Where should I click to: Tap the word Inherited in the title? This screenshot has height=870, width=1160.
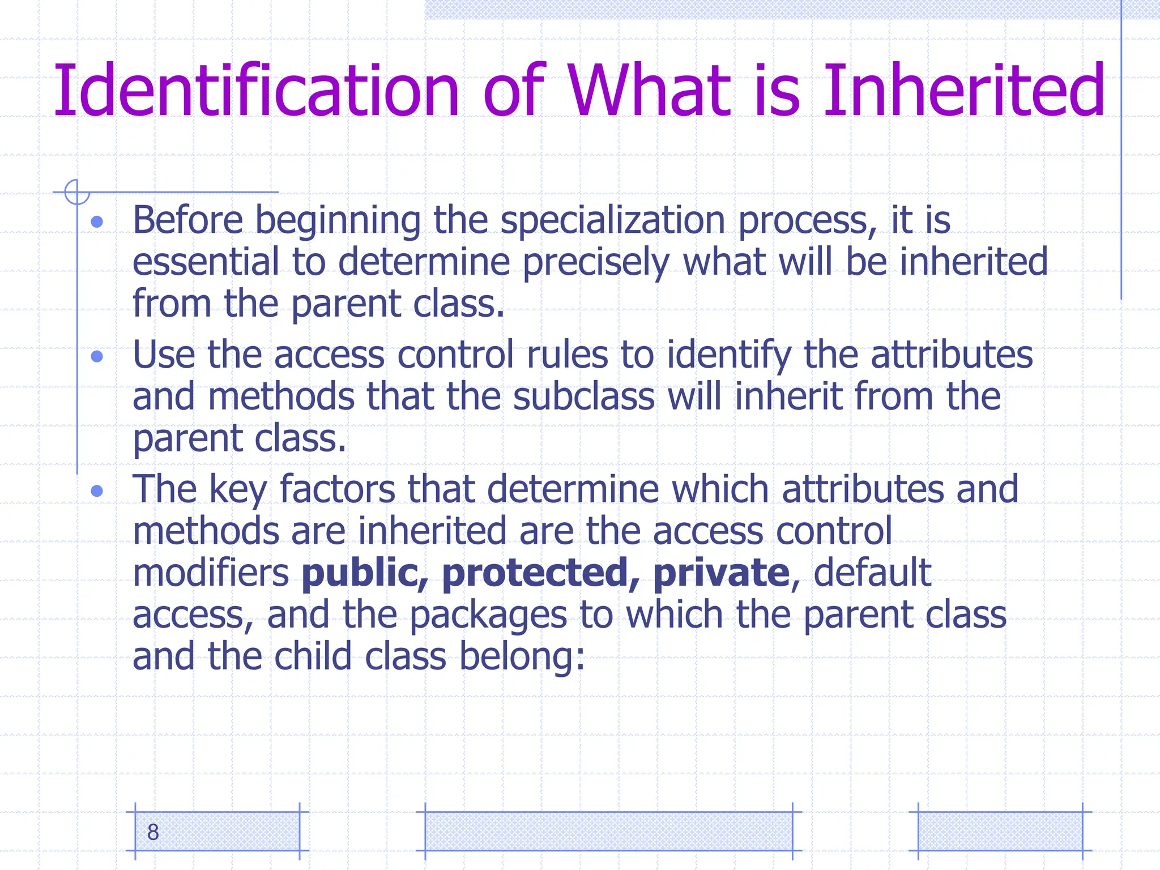(x=963, y=91)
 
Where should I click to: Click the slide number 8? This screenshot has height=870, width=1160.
(x=153, y=832)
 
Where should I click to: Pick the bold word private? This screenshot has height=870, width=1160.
(x=721, y=573)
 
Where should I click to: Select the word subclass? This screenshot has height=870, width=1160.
(x=584, y=396)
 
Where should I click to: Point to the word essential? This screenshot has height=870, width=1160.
(x=206, y=262)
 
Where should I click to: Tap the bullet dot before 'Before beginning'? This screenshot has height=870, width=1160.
(x=97, y=221)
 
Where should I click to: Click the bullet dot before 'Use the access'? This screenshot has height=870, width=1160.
(x=97, y=356)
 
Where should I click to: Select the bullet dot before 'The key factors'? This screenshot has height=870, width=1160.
(x=97, y=491)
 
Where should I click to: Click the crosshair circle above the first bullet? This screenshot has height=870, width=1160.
(x=76, y=192)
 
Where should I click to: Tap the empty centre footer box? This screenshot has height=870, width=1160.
(x=608, y=831)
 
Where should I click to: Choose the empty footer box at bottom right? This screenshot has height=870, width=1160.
(x=1000, y=831)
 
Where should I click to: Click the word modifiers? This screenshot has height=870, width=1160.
(x=211, y=573)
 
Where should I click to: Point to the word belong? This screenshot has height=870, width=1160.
(x=522, y=657)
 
